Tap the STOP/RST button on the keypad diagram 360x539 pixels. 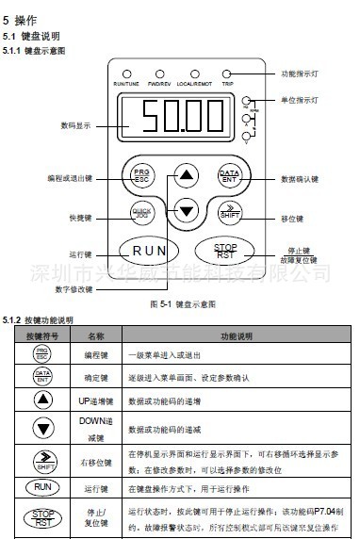[x=226, y=251]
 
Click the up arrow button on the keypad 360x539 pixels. [x=187, y=175]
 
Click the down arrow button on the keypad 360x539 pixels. [x=187, y=212]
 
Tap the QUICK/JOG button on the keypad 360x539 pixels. [x=142, y=212]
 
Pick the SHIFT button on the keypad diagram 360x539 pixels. [x=228, y=212]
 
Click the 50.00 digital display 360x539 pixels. [x=186, y=120]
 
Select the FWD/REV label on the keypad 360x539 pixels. [x=157, y=84]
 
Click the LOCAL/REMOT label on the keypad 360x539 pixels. [x=194, y=84]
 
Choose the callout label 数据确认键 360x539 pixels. [x=299, y=178]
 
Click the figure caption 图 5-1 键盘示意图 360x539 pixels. [x=183, y=305]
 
